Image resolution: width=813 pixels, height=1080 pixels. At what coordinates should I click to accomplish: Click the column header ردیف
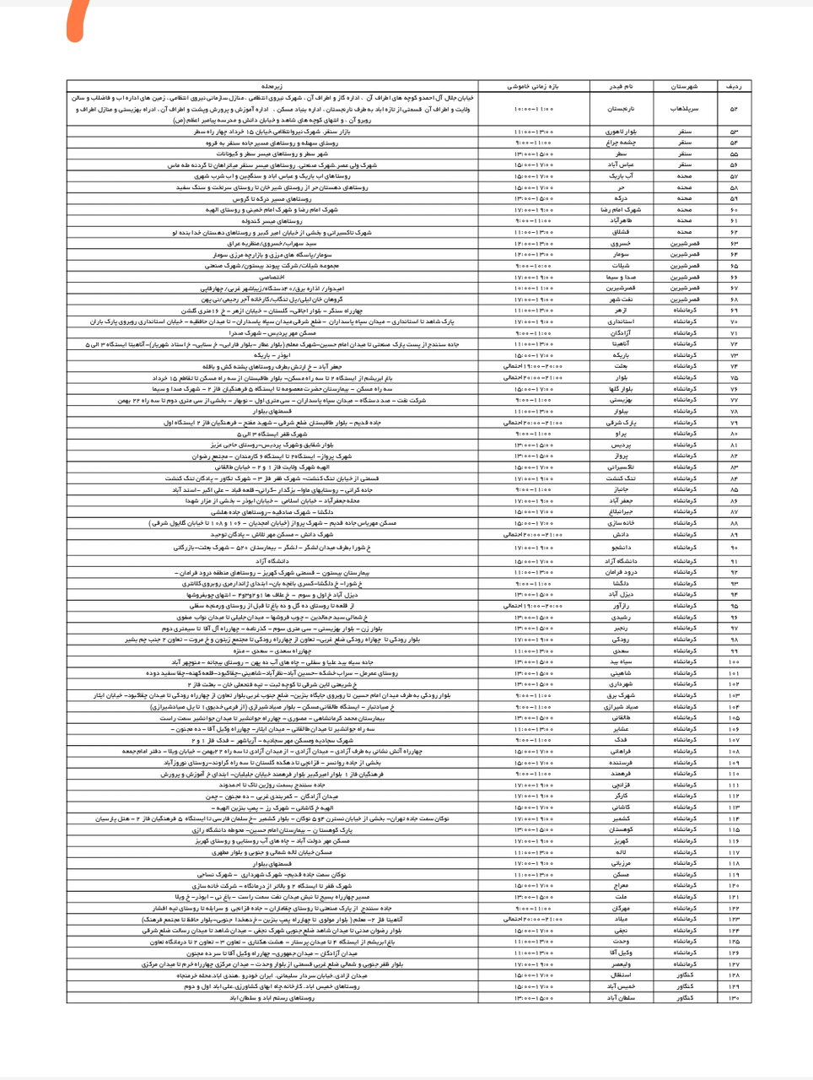(733, 86)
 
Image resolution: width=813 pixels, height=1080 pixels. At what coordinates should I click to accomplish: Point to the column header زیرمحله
(272, 86)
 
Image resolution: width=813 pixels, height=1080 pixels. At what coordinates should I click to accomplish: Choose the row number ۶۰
(733, 209)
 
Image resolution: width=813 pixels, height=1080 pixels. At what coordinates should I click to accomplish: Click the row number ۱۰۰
(733, 661)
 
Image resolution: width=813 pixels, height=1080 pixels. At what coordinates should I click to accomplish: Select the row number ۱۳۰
(733, 997)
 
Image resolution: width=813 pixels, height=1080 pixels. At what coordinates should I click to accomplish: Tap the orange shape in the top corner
(78, 21)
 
